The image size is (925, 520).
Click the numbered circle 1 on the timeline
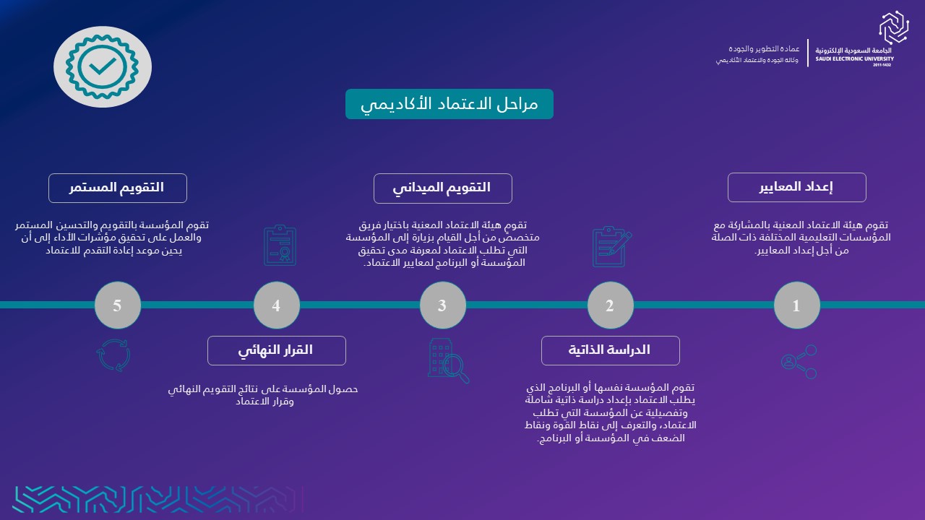[x=796, y=305]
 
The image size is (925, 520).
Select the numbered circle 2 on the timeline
[x=611, y=305]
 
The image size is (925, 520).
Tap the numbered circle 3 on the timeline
[x=443, y=305]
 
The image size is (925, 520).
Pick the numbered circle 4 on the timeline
[x=276, y=305]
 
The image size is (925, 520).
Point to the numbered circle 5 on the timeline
[x=118, y=305]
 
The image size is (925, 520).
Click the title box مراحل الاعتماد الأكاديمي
[x=449, y=104]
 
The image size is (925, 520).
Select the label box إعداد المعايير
[x=796, y=187]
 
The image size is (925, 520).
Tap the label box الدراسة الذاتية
[x=611, y=350]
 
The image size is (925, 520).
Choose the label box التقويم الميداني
[x=443, y=188]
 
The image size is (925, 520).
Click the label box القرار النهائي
[x=276, y=350]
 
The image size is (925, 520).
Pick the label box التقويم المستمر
[x=118, y=188]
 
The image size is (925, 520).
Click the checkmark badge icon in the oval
[x=103, y=67]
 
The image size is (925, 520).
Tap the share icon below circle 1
[x=799, y=362]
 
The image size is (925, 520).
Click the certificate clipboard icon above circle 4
[x=280, y=245]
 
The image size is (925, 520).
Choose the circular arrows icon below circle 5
[x=113, y=355]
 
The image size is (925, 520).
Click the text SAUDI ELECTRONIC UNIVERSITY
[x=854, y=59]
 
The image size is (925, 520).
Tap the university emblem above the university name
[x=894, y=27]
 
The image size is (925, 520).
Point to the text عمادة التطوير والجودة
[x=764, y=49]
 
